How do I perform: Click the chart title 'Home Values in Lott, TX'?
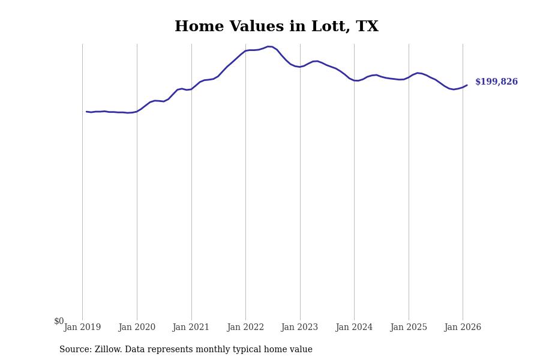click(x=276, y=27)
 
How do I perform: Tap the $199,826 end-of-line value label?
click(x=496, y=82)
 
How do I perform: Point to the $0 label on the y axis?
click(x=59, y=321)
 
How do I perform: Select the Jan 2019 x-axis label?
click(x=82, y=327)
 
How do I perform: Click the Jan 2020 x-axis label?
click(x=137, y=327)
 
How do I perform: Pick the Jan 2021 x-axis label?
click(x=191, y=327)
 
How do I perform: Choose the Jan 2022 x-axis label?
click(x=245, y=327)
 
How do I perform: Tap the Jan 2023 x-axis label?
click(x=299, y=327)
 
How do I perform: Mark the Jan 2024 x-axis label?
click(x=354, y=327)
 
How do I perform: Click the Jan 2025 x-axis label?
click(x=409, y=327)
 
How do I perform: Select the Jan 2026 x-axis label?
click(x=463, y=327)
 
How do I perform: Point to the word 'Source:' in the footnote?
click(x=75, y=350)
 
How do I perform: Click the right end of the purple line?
click(x=467, y=85)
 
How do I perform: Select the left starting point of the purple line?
click(x=86, y=112)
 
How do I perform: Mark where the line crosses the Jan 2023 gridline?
click(x=300, y=67)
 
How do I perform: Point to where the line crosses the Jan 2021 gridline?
click(x=191, y=89)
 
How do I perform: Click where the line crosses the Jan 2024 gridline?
click(x=354, y=80)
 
